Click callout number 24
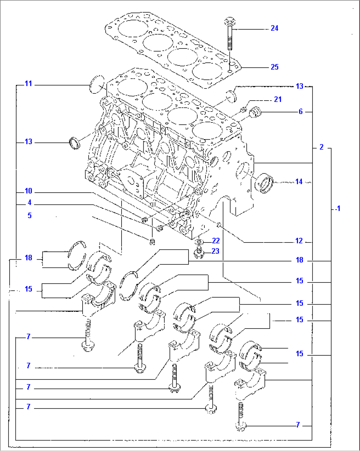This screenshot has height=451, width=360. coord(274,28)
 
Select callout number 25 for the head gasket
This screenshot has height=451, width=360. coord(274,67)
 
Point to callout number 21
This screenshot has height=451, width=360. coord(278,99)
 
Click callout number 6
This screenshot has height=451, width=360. coord(301,112)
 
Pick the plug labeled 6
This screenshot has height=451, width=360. coord(255,112)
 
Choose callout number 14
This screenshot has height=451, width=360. coord(299,182)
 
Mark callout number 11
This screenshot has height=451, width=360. coord(29,84)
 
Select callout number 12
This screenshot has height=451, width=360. coord(299,241)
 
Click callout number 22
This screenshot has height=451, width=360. coord(216,241)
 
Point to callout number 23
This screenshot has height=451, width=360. coord(215,251)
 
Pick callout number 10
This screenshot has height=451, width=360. coord(29,191)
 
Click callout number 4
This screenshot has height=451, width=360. coord(29,203)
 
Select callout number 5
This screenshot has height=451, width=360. coord(29,215)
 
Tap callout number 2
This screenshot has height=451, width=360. coord(321,147)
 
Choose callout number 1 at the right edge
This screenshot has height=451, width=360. coord(338,209)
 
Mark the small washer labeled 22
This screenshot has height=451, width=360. coord(198,243)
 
